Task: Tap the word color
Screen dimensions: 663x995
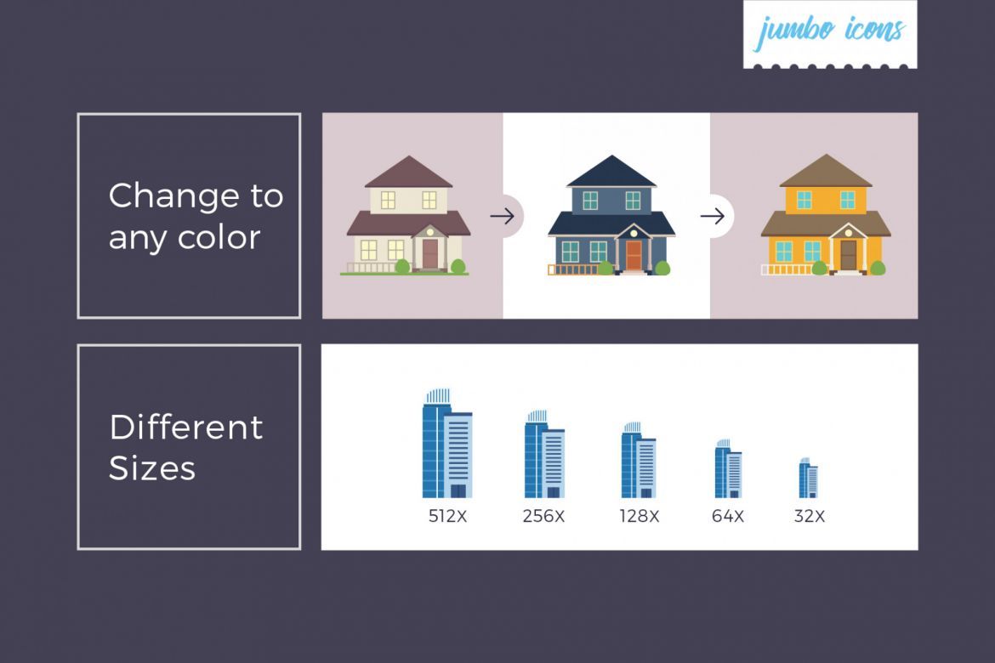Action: click(220, 237)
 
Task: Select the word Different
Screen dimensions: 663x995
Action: click(185, 427)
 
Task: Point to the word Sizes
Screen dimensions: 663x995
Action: click(152, 468)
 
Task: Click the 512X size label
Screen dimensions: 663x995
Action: click(447, 516)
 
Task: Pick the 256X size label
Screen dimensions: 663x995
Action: click(543, 516)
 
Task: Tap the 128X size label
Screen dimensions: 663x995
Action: click(640, 516)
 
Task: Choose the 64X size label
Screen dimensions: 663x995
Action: click(728, 516)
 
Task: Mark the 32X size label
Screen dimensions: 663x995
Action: click(809, 516)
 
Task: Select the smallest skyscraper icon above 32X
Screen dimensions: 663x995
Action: click(808, 479)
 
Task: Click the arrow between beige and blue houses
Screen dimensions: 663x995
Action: click(502, 217)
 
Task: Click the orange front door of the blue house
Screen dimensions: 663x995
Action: click(633, 255)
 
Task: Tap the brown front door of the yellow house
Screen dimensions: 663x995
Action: click(848, 255)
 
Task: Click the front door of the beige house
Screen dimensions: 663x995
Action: click(430, 253)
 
